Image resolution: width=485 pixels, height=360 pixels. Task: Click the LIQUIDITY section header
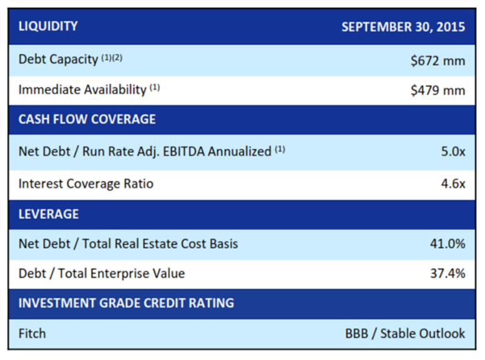point(48,26)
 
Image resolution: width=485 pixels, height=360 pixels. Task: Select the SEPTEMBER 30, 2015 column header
point(403,27)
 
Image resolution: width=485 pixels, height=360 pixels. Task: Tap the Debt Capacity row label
point(58,59)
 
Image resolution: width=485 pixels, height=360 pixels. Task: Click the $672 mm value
point(438,61)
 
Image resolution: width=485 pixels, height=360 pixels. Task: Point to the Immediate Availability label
point(82,90)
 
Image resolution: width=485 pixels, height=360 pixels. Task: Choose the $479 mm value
point(438,90)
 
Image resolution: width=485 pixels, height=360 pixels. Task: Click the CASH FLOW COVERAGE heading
point(87,119)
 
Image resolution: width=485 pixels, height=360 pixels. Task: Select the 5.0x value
point(453,151)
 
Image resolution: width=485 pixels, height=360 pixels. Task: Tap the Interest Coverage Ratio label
point(86,183)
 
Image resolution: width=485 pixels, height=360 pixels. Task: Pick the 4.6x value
point(453,183)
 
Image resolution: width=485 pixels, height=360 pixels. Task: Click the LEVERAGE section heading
point(49,214)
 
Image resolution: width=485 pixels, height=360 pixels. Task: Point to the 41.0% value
point(448,244)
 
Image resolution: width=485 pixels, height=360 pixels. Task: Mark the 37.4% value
point(448,273)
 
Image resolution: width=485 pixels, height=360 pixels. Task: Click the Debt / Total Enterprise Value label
point(102,273)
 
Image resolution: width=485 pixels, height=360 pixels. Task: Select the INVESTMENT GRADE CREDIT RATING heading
point(126,303)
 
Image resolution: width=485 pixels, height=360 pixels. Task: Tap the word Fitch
point(32,333)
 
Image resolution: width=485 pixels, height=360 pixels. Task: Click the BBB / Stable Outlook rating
point(405,333)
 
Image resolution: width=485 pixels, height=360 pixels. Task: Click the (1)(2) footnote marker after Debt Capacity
point(112,58)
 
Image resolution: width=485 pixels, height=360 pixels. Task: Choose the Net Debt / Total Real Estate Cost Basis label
point(129,244)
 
